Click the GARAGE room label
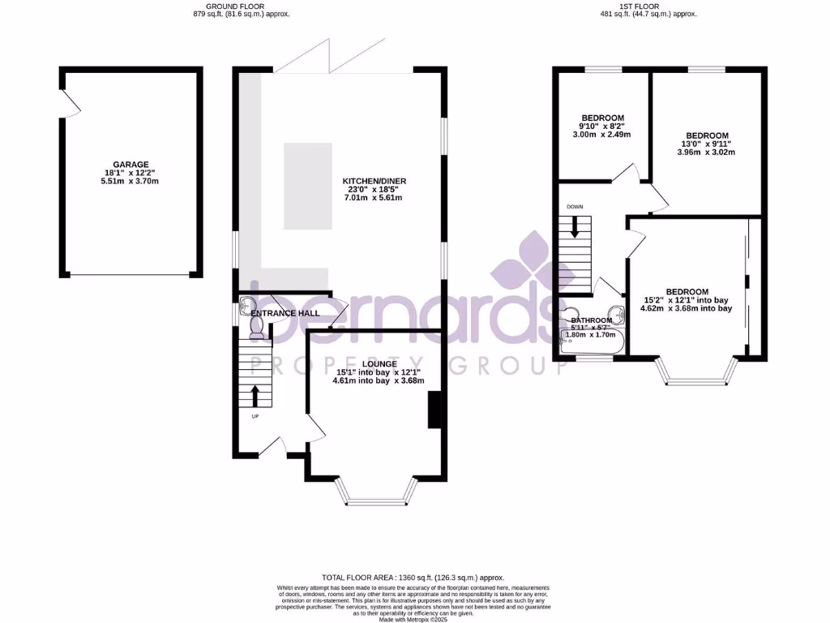(x=130, y=164)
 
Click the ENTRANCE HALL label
(x=285, y=313)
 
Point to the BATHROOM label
(x=592, y=321)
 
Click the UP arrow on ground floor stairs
(x=256, y=396)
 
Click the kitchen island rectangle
(x=308, y=186)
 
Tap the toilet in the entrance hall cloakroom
(x=257, y=328)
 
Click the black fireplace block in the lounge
(x=434, y=409)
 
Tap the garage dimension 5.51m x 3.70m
(x=130, y=181)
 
